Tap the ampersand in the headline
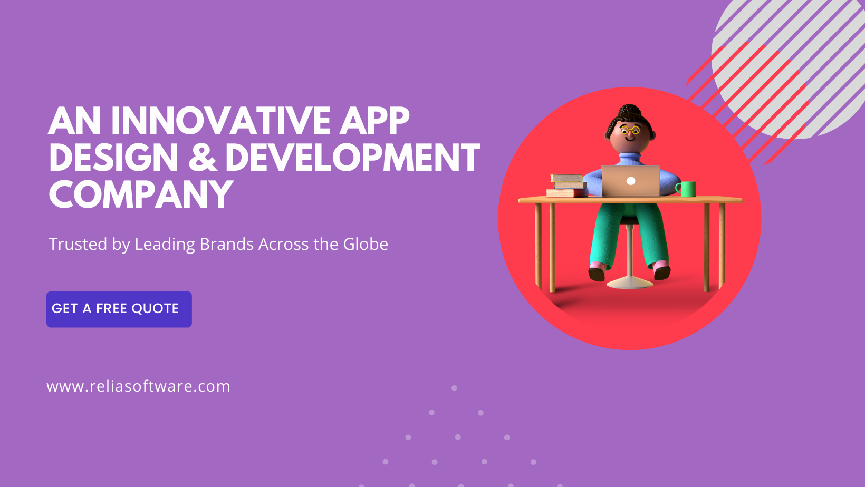click(x=202, y=158)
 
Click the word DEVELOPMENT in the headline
click(x=352, y=158)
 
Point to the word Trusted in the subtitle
click(x=78, y=244)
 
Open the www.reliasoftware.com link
click(x=138, y=386)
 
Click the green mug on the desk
click(x=686, y=189)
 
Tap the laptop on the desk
click(x=631, y=181)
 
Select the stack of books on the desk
click(x=567, y=186)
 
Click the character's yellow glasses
click(x=630, y=130)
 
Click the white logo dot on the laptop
click(x=631, y=181)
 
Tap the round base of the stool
click(x=630, y=283)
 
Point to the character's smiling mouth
click(x=630, y=139)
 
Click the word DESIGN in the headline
click(x=113, y=158)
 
